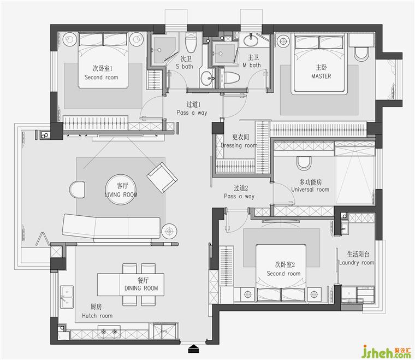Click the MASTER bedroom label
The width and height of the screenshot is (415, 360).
[321, 76]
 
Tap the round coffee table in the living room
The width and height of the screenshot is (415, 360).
[121, 190]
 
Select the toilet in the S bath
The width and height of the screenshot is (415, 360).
[191, 43]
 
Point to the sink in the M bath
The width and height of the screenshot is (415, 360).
[251, 40]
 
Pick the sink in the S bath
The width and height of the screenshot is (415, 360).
[207, 78]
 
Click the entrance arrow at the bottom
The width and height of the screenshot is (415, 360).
[194, 349]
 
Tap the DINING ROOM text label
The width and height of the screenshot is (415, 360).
[141, 288]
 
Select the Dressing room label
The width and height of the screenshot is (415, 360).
[239, 145]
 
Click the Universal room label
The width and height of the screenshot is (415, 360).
[310, 190]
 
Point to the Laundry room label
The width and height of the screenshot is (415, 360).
[357, 263]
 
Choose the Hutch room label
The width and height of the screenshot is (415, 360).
[97, 316]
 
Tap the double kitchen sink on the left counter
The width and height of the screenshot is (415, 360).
[67, 297]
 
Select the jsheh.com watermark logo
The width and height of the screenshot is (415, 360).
[386, 351]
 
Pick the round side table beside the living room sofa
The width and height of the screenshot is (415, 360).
[169, 232]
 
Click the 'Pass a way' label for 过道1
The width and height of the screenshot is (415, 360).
[192, 113]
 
